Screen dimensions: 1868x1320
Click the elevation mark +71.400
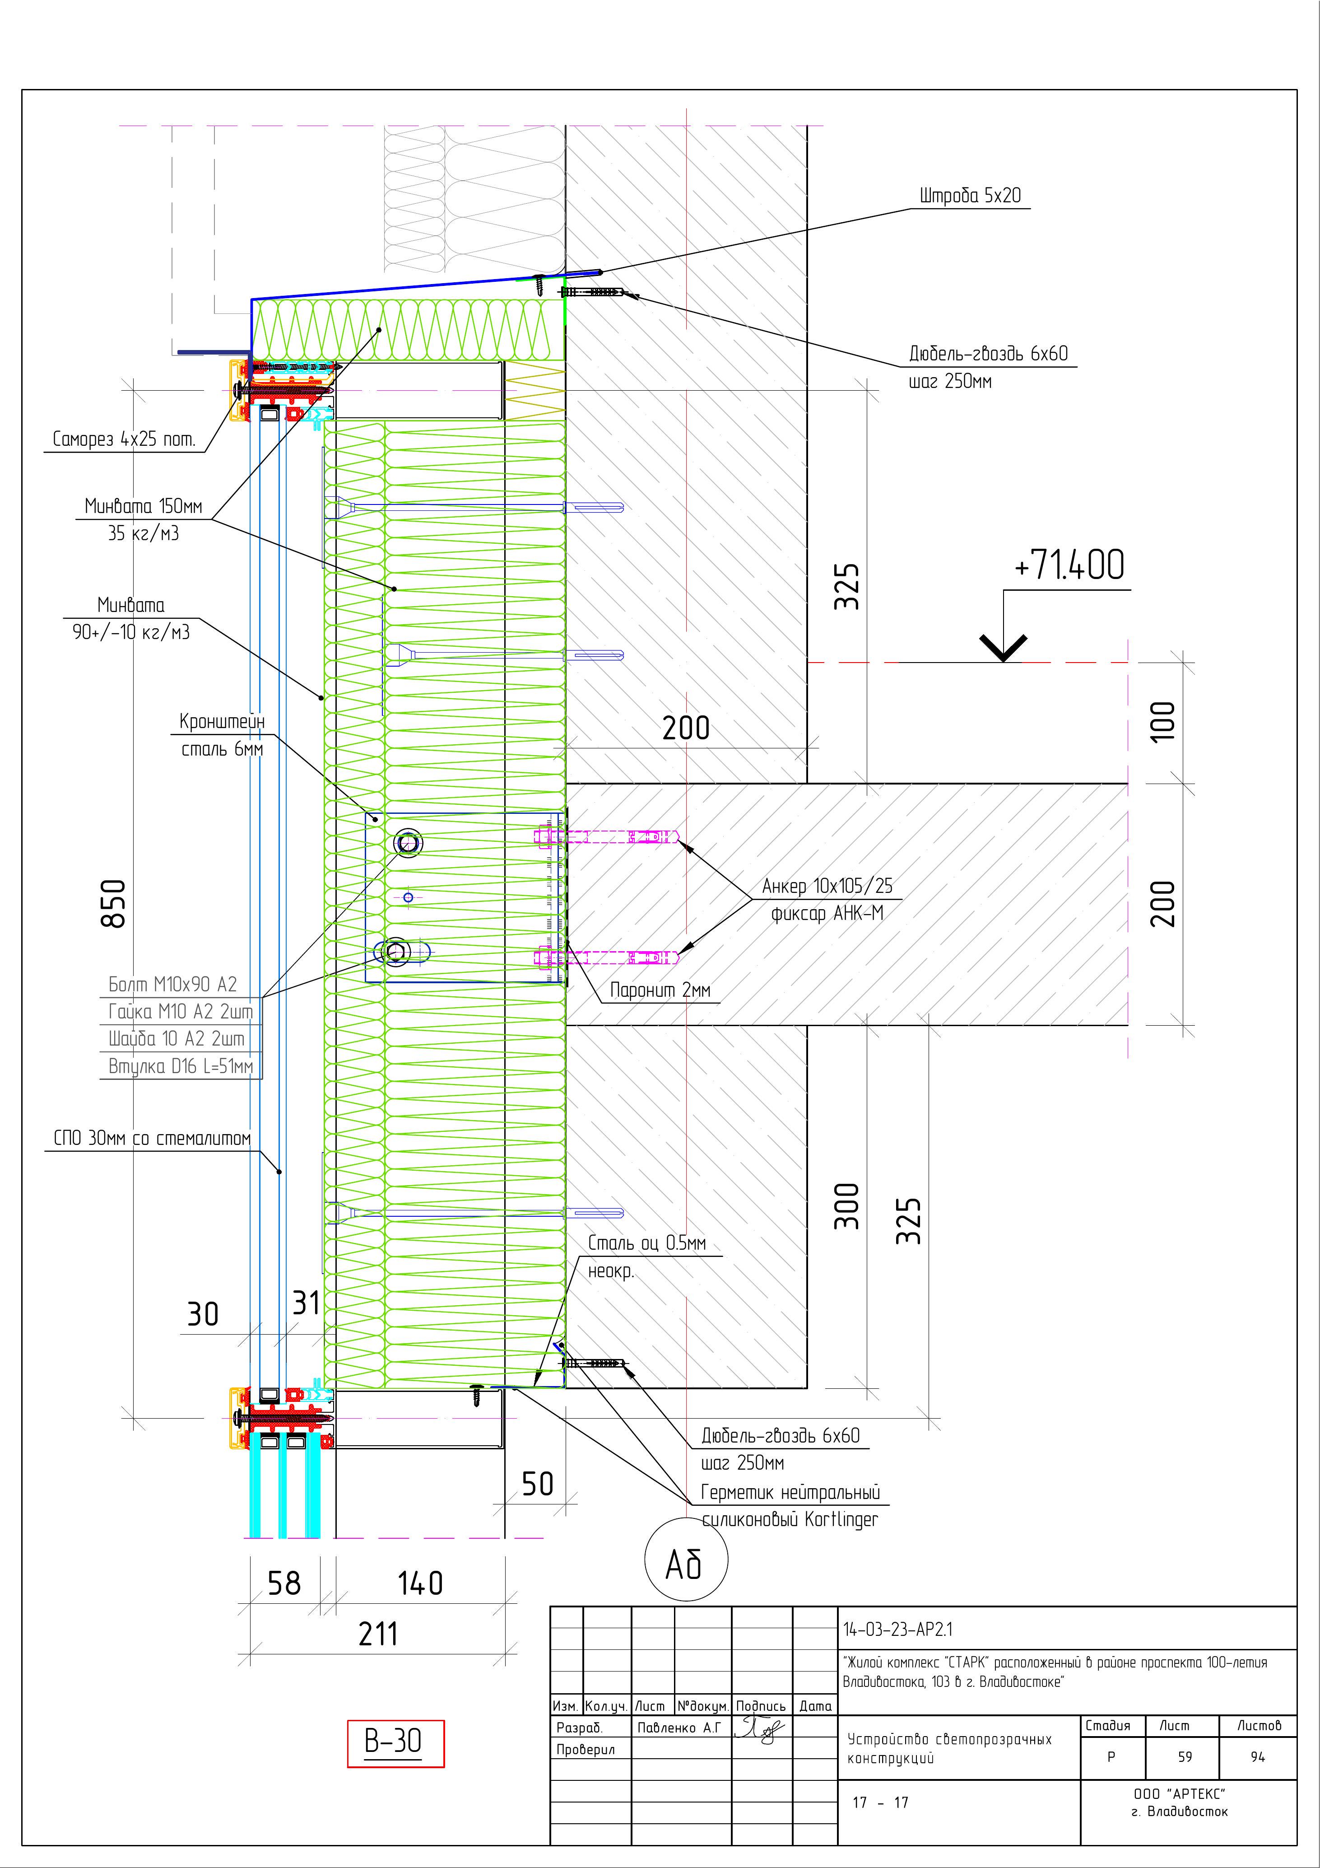tap(1069, 565)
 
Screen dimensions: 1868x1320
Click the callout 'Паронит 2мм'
tap(660, 990)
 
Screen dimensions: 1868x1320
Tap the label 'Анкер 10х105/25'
tap(826, 886)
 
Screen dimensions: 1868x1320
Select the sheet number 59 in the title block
tap(1185, 1756)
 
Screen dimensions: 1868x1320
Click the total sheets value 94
tap(1257, 1756)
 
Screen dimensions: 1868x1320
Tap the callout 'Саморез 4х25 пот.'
tap(124, 439)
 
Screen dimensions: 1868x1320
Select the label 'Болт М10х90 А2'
tap(172, 985)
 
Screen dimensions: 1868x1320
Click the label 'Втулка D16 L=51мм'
tap(181, 1066)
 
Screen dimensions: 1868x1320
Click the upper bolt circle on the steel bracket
tap(408, 843)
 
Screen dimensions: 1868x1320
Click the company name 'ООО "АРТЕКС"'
tap(1179, 1793)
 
